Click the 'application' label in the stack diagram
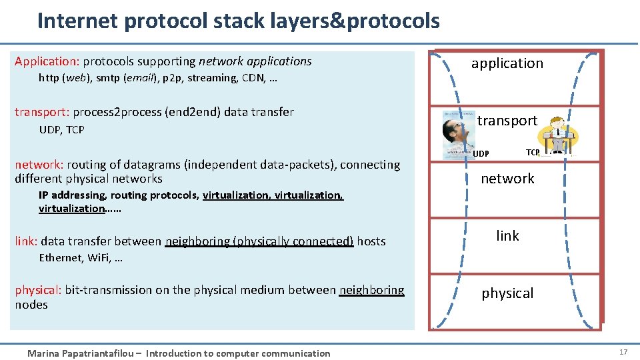coord(507,63)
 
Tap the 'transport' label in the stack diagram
coord(507,121)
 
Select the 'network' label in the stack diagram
coord(507,179)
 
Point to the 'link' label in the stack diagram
coord(507,236)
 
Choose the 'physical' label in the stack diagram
coord(507,293)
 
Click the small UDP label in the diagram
coord(481,154)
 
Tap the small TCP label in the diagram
coord(533,153)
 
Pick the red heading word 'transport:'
coord(42,112)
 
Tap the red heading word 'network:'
coord(39,165)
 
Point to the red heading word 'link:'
coord(26,241)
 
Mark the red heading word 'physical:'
coord(38,290)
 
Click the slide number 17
coord(623,351)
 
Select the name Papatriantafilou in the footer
coord(99,353)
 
